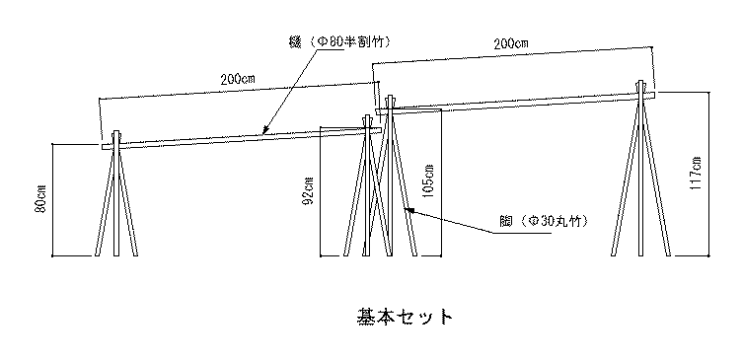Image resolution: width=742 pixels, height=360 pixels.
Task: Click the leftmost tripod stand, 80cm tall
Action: point(117,202)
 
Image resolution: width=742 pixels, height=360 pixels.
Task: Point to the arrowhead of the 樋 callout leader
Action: point(264,132)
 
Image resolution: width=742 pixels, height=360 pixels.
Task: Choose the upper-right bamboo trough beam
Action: point(513,103)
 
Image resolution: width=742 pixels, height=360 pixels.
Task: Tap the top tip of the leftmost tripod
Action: point(117,130)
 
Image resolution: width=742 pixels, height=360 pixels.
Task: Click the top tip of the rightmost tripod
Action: point(643,83)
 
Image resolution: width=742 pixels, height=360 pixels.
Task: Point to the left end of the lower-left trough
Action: point(103,148)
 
